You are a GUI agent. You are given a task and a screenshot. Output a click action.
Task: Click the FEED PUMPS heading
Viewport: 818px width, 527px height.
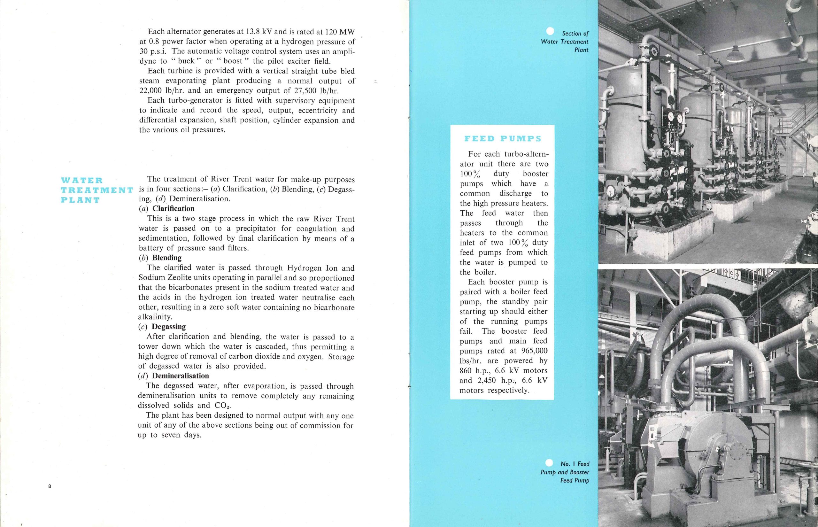coord(502,139)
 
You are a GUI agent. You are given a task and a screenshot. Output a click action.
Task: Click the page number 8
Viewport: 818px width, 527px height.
coord(50,486)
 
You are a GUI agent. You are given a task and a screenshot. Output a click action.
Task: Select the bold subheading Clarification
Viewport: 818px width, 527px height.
coord(173,209)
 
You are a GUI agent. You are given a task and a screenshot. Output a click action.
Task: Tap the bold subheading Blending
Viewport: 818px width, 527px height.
coord(167,258)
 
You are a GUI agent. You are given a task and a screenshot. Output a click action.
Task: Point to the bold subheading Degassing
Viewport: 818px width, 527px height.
coord(169,327)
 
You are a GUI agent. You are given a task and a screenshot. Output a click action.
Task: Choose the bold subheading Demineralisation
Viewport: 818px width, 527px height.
coord(180,376)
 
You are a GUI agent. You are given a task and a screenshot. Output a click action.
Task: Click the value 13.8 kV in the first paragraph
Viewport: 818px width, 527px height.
coord(259,32)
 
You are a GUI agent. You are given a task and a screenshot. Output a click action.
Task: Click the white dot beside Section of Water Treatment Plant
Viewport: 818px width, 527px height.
coord(550,31)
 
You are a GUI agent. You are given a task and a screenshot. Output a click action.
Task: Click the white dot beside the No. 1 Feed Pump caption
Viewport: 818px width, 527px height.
coord(550,463)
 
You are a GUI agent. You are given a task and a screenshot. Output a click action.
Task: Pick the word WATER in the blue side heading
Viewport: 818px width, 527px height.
coord(82,180)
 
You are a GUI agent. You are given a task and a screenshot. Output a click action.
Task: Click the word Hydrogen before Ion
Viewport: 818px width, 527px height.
coord(304,268)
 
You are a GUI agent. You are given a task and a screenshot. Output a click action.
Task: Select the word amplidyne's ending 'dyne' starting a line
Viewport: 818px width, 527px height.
coord(149,61)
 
